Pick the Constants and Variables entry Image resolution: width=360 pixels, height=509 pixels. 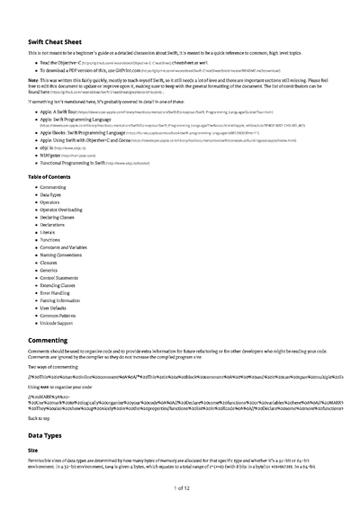(66, 247)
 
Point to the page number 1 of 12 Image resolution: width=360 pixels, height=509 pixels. (180, 487)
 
